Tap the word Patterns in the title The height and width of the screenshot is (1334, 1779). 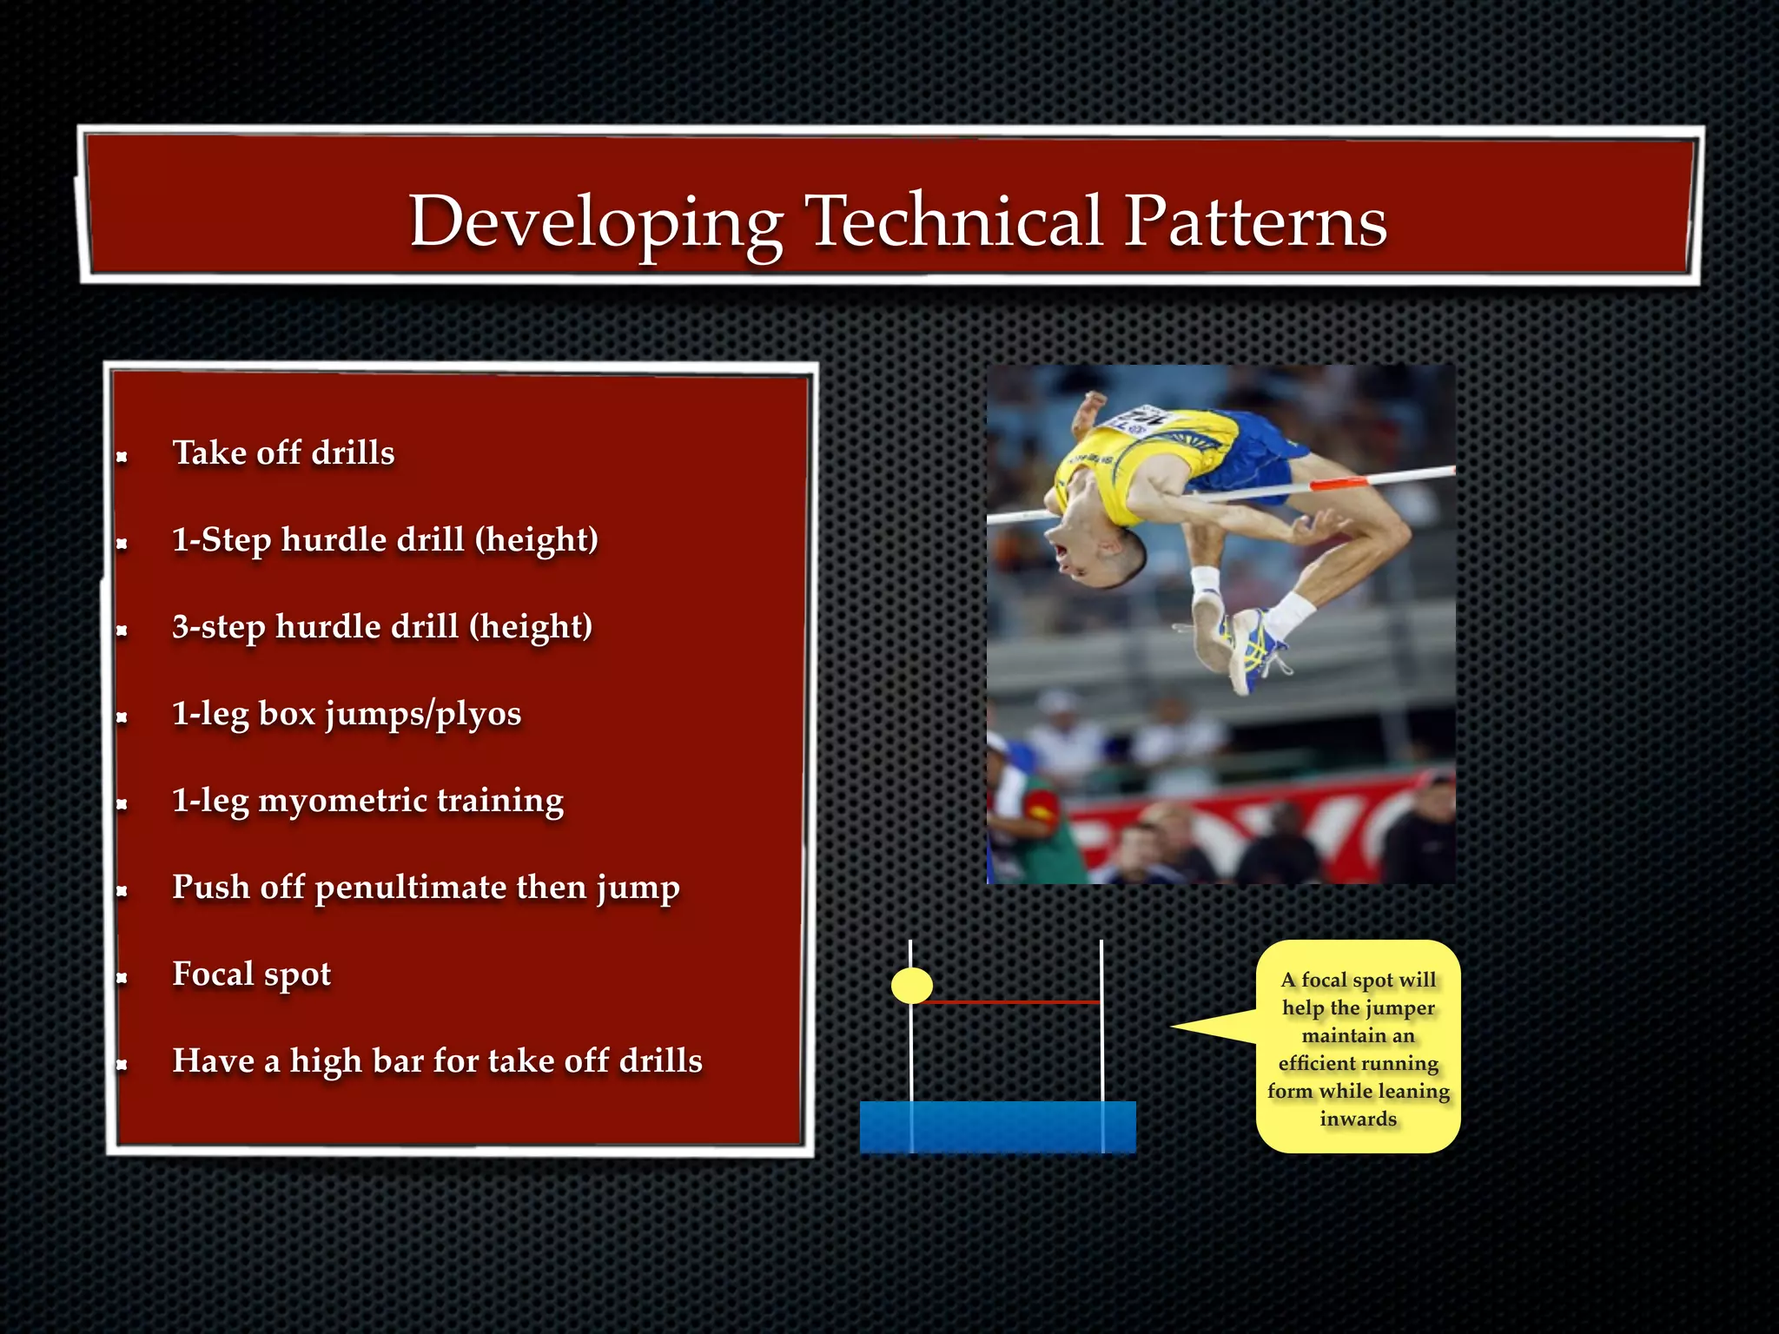click(x=1254, y=221)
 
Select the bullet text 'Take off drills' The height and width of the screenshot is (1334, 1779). click(x=283, y=453)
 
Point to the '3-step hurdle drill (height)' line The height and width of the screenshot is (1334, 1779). click(x=381, y=627)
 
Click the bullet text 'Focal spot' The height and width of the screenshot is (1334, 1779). click(x=251, y=974)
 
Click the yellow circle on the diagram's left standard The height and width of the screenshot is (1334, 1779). click(x=911, y=985)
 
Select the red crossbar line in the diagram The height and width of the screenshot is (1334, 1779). click(x=1008, y=1002)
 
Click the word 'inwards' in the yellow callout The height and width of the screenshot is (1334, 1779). click(x=1358, y=1119)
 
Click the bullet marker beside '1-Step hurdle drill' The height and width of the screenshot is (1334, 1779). click(x=122, y=544)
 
